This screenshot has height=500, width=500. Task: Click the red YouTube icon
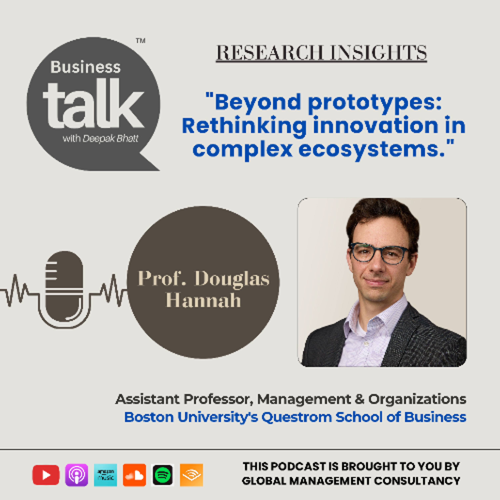point(46,475)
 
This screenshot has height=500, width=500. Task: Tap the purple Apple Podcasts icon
point(77,475)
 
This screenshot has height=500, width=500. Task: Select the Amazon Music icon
point(105,475)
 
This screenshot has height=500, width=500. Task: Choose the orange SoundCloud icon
point(134,475)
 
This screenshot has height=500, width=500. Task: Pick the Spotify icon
point(162,475)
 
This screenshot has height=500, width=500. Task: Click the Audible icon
point(191,475)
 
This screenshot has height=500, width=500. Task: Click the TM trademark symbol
point(140,41)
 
